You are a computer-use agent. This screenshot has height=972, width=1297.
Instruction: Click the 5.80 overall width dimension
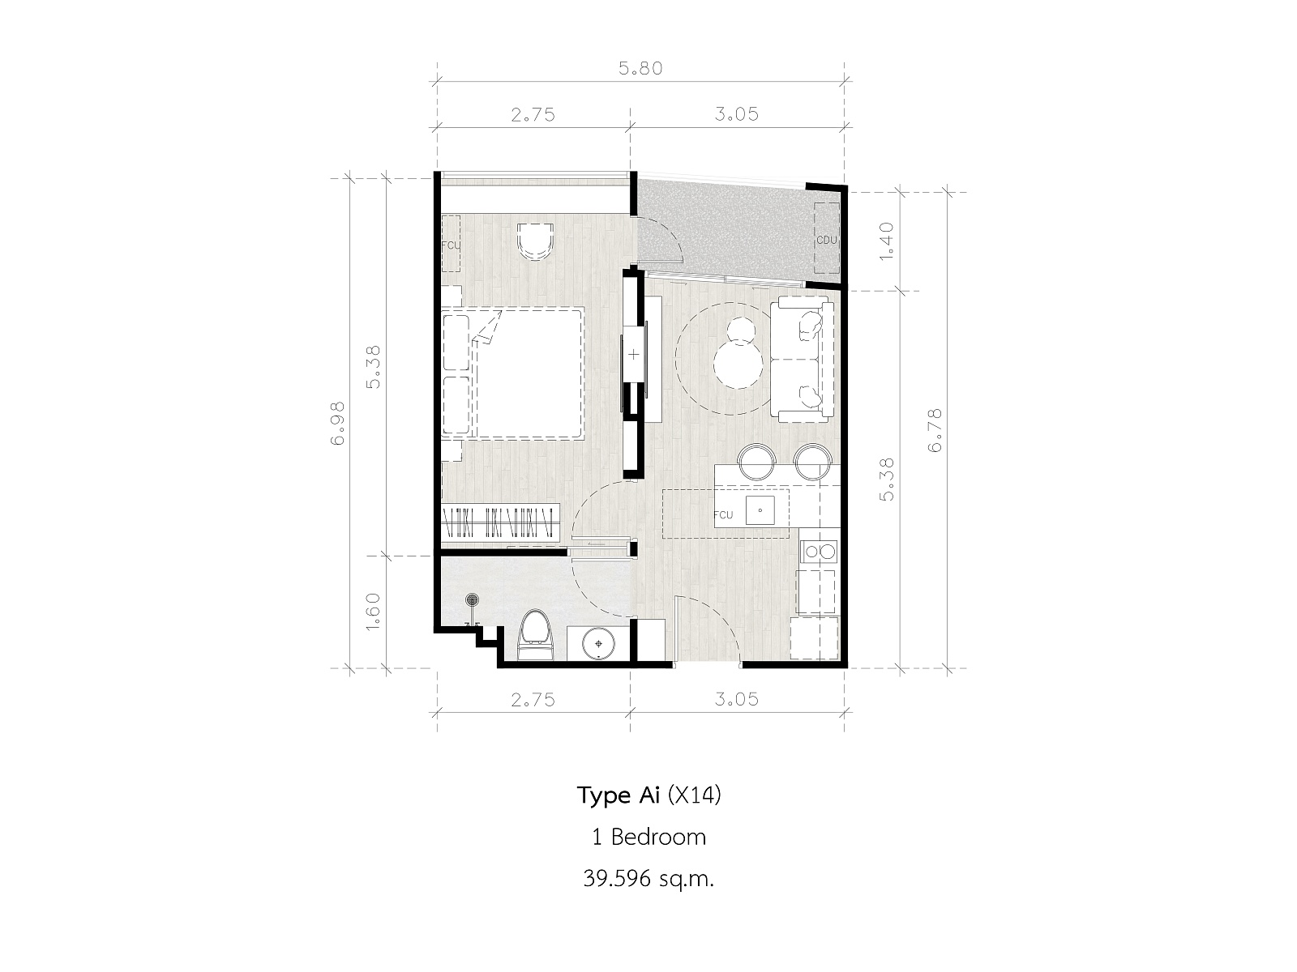pyautogui.click(x=640, y=69)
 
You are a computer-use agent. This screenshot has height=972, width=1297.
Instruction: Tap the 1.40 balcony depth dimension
pyautogui.click(x=886, y=241)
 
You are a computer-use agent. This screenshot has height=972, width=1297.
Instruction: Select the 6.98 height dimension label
pyautogui.click(x=337, y=423)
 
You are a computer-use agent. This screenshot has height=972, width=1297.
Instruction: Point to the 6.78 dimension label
pyautogui.click(x=935, y=430)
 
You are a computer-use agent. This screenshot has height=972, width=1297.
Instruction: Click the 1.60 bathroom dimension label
pyautogui.click(x=373, y=612)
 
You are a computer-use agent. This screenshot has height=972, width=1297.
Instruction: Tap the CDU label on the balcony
pyautogui.click(x=827, y=241)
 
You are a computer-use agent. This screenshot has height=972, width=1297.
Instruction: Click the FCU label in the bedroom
pyautogui.click(x=450, y=245)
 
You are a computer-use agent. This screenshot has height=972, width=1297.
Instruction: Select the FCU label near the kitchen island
pyautogui.click(x=723, y=514)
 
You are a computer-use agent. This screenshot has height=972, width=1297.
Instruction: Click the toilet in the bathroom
pyautogui.click(x=535, y=636)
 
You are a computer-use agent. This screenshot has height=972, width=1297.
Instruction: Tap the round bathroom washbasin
pyautogui.click(x=599, y=643)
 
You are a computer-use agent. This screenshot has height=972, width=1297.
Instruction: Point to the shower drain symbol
pyautogui.click(x=472, y=599)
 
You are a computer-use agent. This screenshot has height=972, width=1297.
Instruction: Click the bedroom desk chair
pyautogui.click(x=535, y=241)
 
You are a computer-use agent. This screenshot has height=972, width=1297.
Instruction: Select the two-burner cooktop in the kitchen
pyautogui.click(x=820, y=552)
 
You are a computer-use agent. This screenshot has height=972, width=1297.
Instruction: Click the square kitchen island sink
pyautogui.click(x=760, y=510)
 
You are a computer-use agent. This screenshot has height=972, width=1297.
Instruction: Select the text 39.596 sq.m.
pyautogui.click(x=648, y=879)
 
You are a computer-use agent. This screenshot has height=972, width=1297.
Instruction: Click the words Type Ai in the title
pyautogui.click(x=618, y=796)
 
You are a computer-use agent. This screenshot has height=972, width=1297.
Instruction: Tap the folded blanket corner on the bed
pyautogui.click(x=486, y=330)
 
